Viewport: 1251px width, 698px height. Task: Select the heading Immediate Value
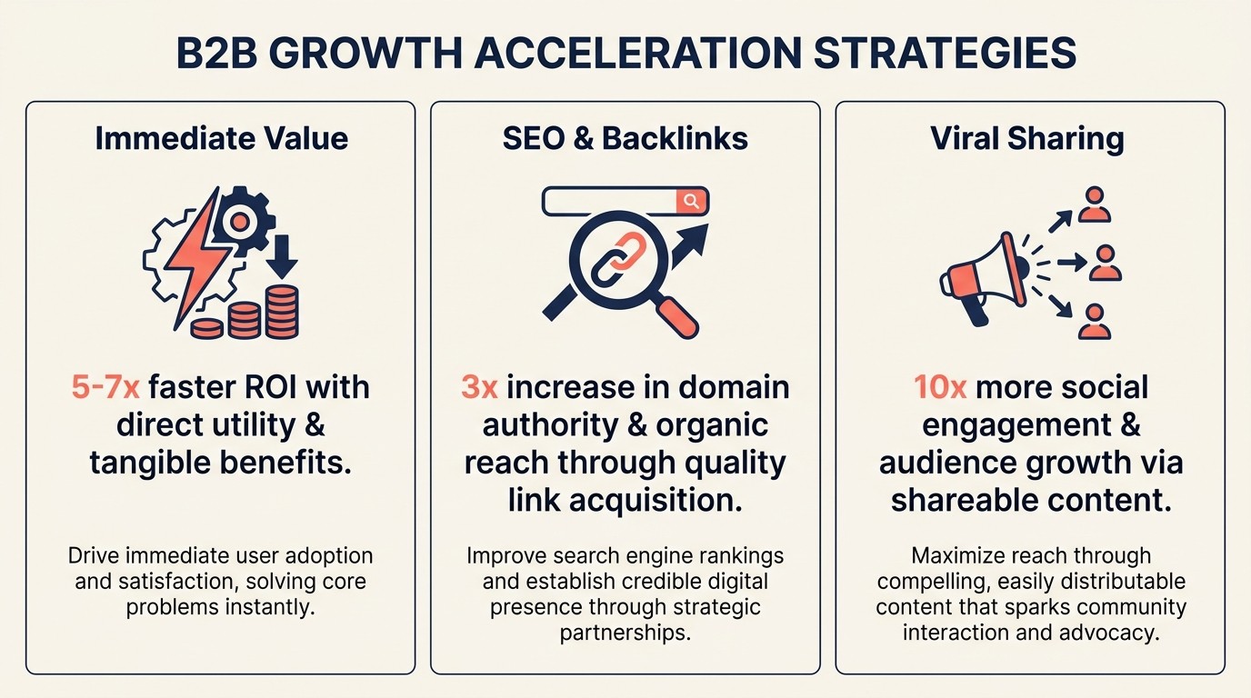pos(221,138)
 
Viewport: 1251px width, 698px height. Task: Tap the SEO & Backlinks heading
pos(625,138)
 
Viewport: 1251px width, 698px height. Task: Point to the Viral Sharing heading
pos(1027,138)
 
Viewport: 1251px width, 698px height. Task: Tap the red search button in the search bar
pos(692,201)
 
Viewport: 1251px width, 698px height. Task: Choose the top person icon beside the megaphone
pos(1094,205)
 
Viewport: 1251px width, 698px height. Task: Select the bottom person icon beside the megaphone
pos(1094,322)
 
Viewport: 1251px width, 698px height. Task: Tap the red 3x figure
pos(479,388)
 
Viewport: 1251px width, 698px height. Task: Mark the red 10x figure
pos(941,388)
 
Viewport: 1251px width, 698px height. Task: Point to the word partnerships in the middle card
pos(625,632)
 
